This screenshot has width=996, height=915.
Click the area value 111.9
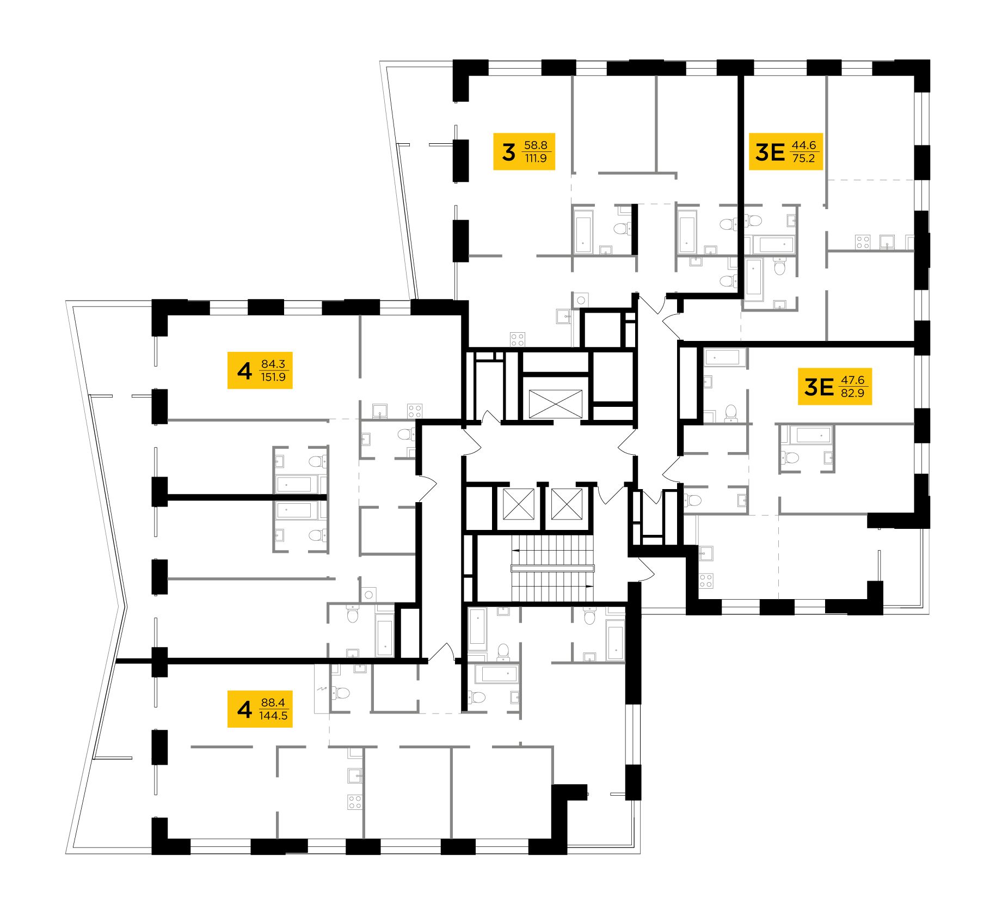tap(536, 158)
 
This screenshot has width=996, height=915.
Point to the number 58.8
tap(536, 145)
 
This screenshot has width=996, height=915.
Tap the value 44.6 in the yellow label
tap(804, 145)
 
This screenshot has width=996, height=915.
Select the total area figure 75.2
tap(804, 158)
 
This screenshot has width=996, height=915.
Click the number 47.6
tap(852, 380)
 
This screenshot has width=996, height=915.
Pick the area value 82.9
tap(852, 393)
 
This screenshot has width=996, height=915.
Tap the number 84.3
tap(273, 364)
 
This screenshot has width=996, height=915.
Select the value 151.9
tap(273, 377)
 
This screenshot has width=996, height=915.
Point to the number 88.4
tap(273, 703)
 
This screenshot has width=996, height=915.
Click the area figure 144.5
tap(273, 716)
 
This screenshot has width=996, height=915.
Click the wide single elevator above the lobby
tap(555, 404)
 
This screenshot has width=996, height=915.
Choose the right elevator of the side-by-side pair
tap(567, 504)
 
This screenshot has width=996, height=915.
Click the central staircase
tap(552, 568)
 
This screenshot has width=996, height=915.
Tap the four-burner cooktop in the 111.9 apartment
tap(517, 339)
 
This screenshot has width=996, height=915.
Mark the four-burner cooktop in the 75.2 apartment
tap(863, 241)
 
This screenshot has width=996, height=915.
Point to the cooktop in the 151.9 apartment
tap(415, 411)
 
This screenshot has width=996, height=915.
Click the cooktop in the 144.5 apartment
tap(355, 802)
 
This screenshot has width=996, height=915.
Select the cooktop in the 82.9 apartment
tap(706, 581)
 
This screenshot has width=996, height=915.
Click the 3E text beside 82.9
tap(819, 387)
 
